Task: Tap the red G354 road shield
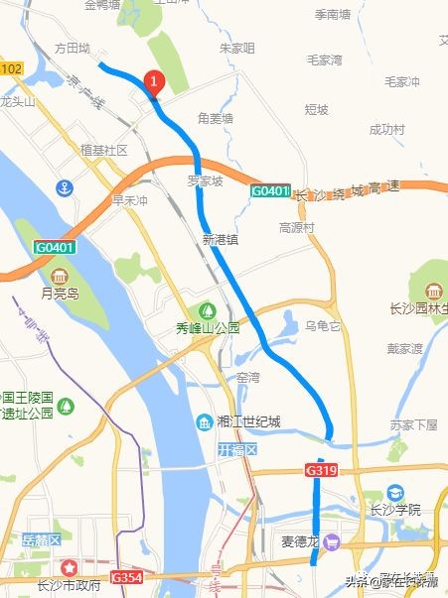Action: tap(127, 576)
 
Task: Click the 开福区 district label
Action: tap(237, 450)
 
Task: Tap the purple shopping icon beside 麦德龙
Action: tap(332, 542)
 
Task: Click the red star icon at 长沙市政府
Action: tap(70, 568)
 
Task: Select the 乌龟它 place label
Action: tap(323, 325)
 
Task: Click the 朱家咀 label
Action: tap(236, 48)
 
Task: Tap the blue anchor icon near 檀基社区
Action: tap(65, 187)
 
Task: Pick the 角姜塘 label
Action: tap(215, 118)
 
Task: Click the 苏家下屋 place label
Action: tap(413, 424)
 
